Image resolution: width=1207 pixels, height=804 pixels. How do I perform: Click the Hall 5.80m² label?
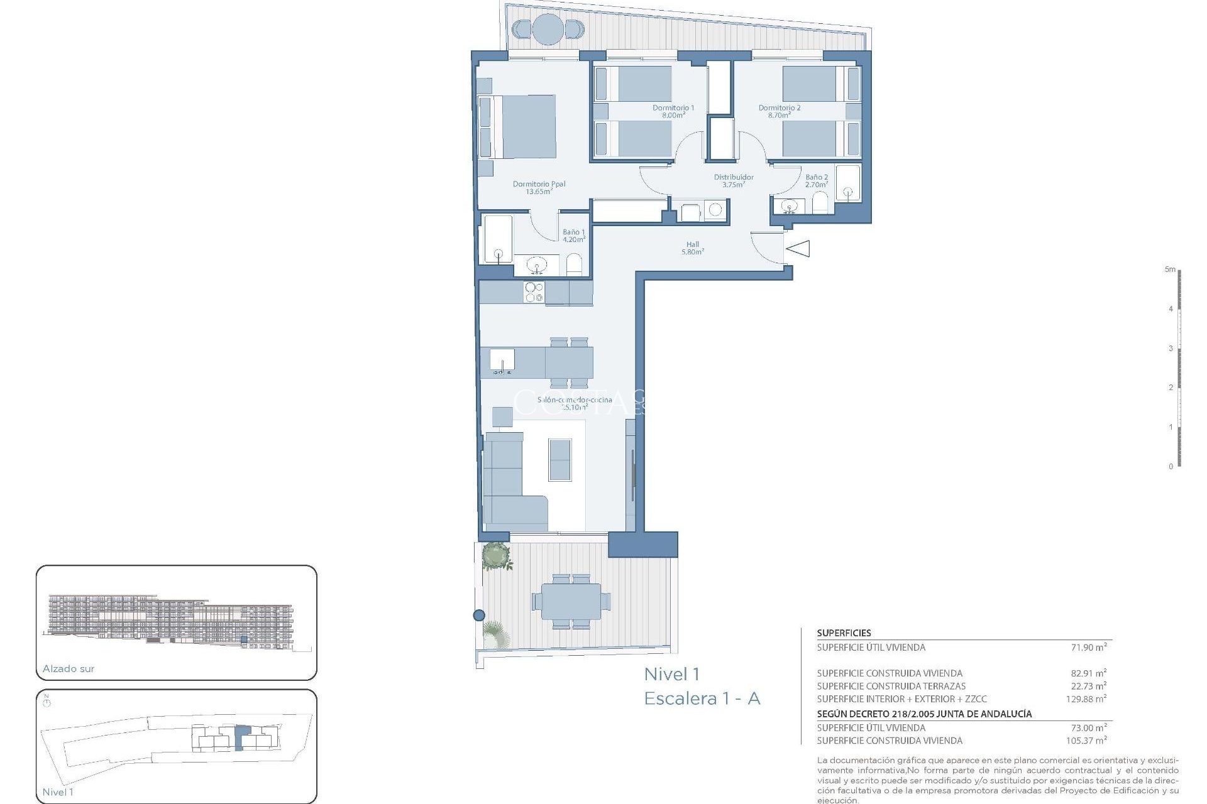[692, 248]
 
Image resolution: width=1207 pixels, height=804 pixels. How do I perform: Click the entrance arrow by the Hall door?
[798, 249]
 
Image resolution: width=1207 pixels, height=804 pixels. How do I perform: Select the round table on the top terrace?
[548, 29]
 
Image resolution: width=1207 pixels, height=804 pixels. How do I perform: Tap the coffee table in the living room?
[559, 460]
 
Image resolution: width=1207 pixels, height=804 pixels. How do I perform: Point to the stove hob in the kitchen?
[534, 292]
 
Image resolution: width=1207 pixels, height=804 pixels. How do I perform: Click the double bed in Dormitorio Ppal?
[522, 126]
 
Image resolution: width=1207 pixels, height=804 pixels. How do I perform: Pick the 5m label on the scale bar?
[1169, 269]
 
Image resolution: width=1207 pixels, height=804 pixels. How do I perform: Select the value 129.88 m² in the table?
[1086, 698]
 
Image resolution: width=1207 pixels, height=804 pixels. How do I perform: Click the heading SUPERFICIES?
[844, 633]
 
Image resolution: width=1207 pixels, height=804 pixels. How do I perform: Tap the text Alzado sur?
[69, 668]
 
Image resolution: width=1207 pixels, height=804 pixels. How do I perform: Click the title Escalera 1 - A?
[702, 698]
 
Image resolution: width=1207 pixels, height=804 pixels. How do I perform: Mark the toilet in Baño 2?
[820, 203]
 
